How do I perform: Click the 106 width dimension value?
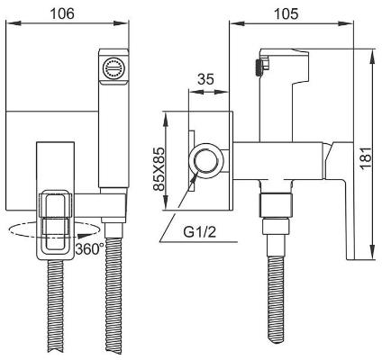(62, 14)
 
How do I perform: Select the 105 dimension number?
(289, 14)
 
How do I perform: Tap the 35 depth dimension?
(205, 79)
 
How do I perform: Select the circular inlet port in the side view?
(206, 163)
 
